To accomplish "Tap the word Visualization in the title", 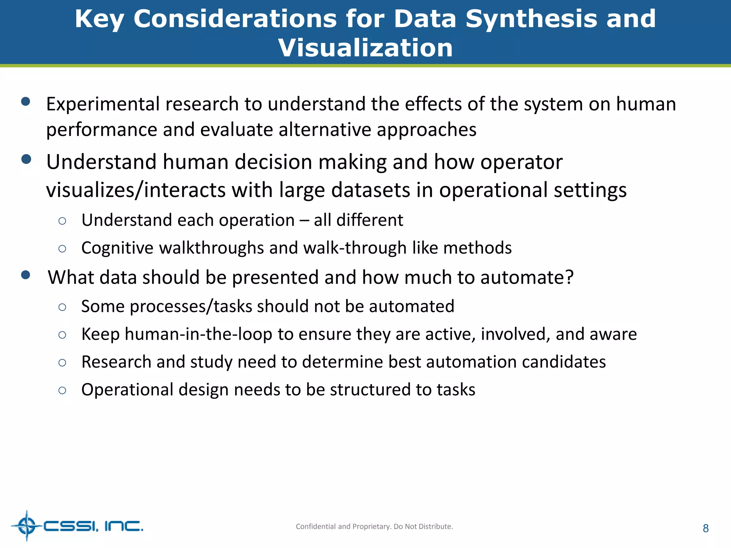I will [365, 48].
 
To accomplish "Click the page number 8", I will [705, 528].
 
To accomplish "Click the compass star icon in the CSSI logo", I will [27, 526].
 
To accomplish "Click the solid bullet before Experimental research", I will [26, 102].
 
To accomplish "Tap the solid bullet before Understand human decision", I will [26, 159].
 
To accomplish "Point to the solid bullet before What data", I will [26, 275].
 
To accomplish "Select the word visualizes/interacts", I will [136, 190].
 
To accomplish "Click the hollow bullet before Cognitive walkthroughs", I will [62, 249].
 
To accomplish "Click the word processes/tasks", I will [191, 306].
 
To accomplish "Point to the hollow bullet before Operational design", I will [62, 390].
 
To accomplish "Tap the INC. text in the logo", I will [123, 526].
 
